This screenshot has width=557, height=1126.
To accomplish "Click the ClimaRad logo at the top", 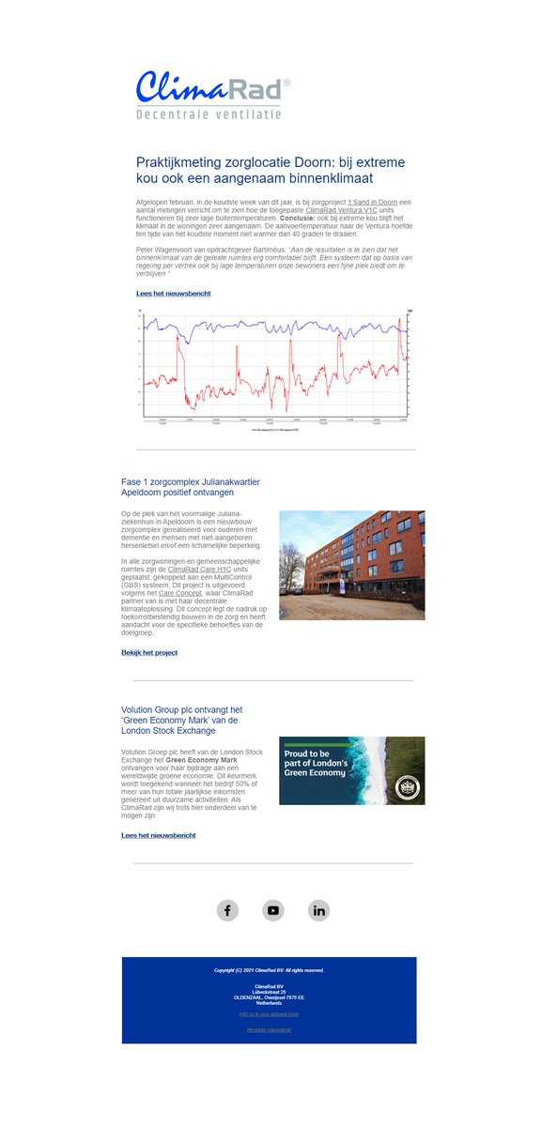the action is click(212, 87).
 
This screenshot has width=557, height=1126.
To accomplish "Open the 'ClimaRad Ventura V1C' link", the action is click(341, 210).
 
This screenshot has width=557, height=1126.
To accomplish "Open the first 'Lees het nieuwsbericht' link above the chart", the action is click(173, 294).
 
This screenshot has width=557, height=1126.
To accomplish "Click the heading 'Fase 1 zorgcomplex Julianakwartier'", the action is click(191, 481).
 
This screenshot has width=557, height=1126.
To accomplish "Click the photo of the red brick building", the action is click(351, 565).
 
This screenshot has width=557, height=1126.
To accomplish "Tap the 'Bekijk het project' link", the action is click(149, 652).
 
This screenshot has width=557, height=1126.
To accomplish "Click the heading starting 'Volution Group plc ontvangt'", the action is click(181, 710).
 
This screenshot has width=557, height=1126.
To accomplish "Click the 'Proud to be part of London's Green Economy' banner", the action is click(351, 770).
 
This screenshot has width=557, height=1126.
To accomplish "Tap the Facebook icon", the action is click(227, 910).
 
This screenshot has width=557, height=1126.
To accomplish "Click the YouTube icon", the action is click(273, 910).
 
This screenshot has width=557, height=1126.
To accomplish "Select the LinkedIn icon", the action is click(318, 910).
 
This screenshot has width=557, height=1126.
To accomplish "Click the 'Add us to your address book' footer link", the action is click(269, 1014).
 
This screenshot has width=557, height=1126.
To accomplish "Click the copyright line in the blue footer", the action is click(269, 970).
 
